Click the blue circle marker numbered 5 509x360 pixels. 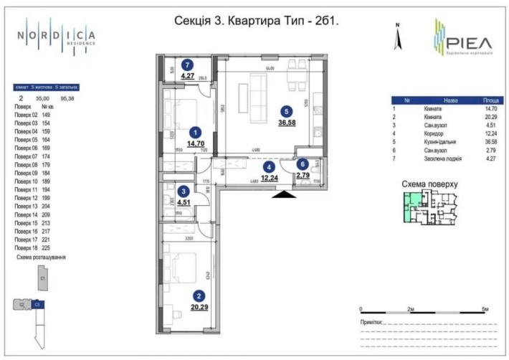286,111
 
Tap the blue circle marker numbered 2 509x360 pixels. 197,295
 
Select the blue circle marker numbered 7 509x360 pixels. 187,64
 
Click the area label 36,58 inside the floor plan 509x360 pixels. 286,123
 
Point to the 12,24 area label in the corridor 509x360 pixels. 269,179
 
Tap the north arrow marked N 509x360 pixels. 396,37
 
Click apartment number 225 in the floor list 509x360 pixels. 47,248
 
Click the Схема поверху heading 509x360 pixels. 429,184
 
